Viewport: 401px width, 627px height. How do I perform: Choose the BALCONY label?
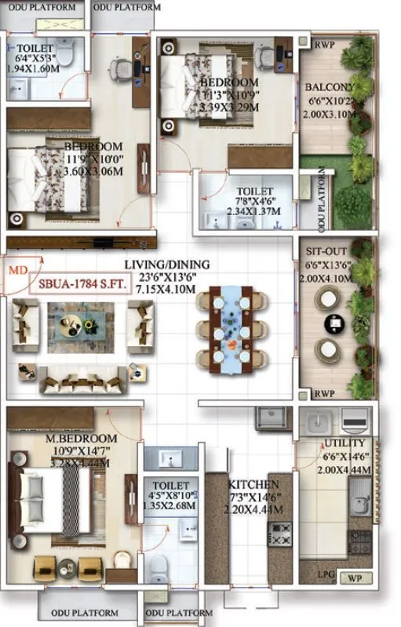click(x=330, y=87)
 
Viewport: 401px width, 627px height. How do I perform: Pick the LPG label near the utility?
click(x=326, y=574)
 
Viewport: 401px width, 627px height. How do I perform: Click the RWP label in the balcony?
click(x=324, y=46)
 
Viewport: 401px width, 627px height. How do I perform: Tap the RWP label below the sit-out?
click(x=324, y=392)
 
